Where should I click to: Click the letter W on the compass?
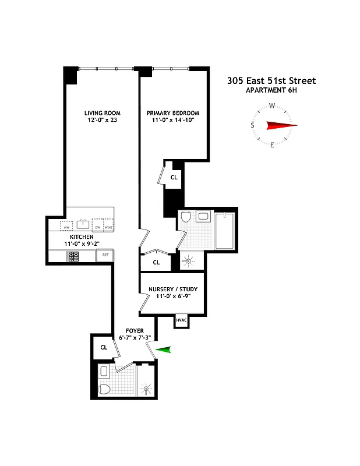click(x=272, y=106)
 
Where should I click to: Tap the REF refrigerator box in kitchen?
click(x=106, y=255)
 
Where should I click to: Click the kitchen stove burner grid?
click(x=74, y=256)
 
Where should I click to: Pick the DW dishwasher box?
click(x=98, y=226)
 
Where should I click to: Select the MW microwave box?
click(x=66, y=226)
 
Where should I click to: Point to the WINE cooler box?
click(x=108, y=226)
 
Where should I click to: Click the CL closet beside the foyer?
click(x=104, y=347)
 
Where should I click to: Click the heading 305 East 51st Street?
click(x=271, y=81)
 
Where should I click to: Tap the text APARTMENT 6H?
click(x=271, y=90)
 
